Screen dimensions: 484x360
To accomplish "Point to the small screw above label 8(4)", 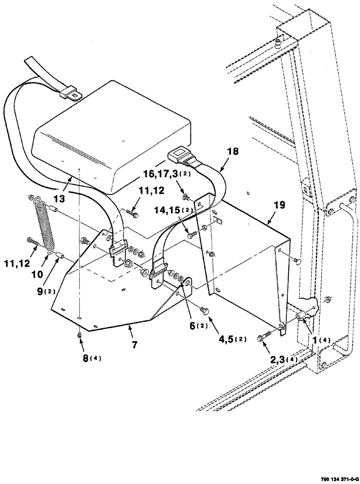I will tap(79, 334).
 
